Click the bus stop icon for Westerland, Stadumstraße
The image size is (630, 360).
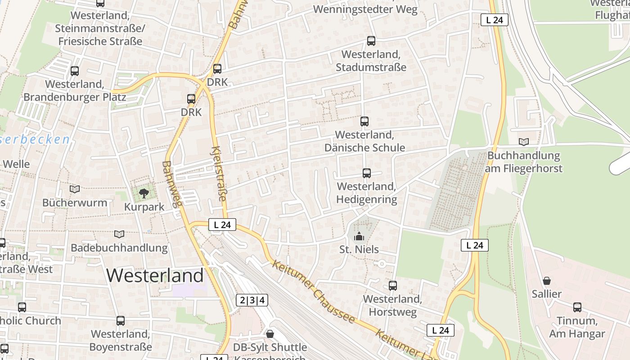point(371,41)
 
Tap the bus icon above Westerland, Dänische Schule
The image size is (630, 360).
point(364,121)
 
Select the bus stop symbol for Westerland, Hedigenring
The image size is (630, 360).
point(367,173)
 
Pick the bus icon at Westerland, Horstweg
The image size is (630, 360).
point(393,286)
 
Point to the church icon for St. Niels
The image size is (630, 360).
point(359,236)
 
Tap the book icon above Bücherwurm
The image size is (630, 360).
point(75,189)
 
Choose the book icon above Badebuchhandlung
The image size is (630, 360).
point(119,234)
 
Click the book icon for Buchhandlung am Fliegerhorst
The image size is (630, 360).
point(524,142)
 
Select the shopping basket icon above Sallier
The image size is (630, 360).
point(547,281)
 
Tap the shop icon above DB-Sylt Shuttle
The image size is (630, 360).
point(270,334)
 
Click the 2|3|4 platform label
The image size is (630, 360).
point(252,300)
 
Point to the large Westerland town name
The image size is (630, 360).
point(155,275)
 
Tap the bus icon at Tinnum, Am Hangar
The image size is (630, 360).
point(577,307)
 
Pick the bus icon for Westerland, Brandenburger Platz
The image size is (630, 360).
point(75,71)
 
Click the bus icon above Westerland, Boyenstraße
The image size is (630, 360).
point(121,321)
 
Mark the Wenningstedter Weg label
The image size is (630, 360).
point(365,9)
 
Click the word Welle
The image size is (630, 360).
point(16,164)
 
